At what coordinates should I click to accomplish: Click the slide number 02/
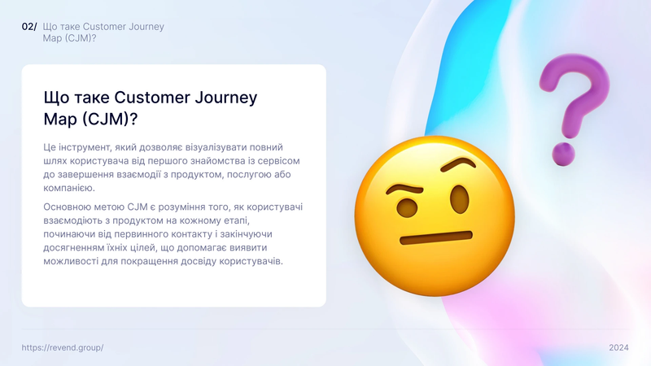pos(29,27)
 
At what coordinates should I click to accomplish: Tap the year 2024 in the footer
pos(618,348)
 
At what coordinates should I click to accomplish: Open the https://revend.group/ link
pos(63,348)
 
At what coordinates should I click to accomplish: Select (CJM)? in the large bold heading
pos(110,120)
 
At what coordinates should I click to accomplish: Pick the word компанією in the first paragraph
pos(69,188)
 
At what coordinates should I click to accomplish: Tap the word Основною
pos(64,207)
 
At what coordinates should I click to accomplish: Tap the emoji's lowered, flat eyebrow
pos(404,190)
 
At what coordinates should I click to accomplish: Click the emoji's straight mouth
pos(436,237)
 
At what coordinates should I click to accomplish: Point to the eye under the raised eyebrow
pos(459,199)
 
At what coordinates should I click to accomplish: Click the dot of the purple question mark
pos(563,155)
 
